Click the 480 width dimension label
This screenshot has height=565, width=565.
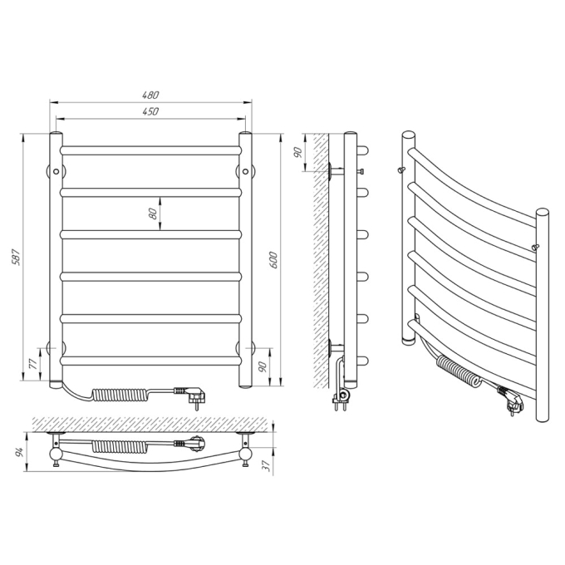tap(150, 95)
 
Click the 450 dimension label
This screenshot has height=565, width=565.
tap(150, 111)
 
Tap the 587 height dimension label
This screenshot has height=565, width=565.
tap(17, 258)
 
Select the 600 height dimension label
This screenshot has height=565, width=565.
tap(273, 259)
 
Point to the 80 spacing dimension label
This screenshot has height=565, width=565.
tap(153, 214)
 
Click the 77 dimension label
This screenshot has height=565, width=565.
tap(32, 364)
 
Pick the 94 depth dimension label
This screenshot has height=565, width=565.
tap(19, 452)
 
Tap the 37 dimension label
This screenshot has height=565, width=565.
tap(267, 465)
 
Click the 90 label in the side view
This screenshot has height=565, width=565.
tap(297, 153)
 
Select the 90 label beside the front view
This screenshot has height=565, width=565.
tap(263, 366)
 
